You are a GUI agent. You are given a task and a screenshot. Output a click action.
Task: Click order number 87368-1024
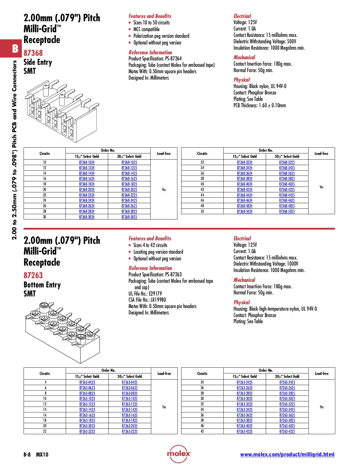(x=87, y=162)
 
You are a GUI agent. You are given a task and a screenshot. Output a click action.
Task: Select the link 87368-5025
(x=287, y=211)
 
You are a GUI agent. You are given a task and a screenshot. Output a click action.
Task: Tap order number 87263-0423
(x=87, y=382)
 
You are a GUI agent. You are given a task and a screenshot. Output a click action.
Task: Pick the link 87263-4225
(x=287, y=431)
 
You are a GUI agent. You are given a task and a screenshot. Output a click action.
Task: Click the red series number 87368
(x=33, y=53)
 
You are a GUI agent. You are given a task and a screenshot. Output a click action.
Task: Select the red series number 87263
(x=33, y=275)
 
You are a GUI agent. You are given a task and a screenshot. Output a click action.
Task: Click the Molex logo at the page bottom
(x=179, y=454)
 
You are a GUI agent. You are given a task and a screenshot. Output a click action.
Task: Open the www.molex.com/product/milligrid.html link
(x=287, y=455)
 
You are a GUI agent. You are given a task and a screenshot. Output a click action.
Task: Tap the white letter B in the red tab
(x=15, y=49)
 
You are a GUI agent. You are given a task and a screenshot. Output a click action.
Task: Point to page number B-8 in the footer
(x=27, y=455)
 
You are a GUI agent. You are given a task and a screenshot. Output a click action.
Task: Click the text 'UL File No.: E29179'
(x=145, y=294)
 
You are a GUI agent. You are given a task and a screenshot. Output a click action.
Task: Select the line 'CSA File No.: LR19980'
(x=147, y=300)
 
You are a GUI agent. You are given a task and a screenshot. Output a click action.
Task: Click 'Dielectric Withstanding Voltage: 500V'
(x=265, y=41)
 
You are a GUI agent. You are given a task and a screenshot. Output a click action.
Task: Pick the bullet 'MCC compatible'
(x=146, y=29)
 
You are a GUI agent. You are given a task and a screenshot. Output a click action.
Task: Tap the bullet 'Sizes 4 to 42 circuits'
(x=150, y=245)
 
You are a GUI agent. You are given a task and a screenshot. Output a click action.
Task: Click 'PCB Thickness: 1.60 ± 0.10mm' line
(x=259, y=105)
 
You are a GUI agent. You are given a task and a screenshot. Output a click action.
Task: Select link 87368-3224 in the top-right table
(x=244, y=162)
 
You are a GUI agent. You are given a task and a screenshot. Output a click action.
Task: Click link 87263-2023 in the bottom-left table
(x=87, y=426)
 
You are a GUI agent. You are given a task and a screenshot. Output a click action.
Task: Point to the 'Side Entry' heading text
(x=38, y=62)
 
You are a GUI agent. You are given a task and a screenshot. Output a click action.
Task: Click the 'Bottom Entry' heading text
(x=42, y=285)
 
